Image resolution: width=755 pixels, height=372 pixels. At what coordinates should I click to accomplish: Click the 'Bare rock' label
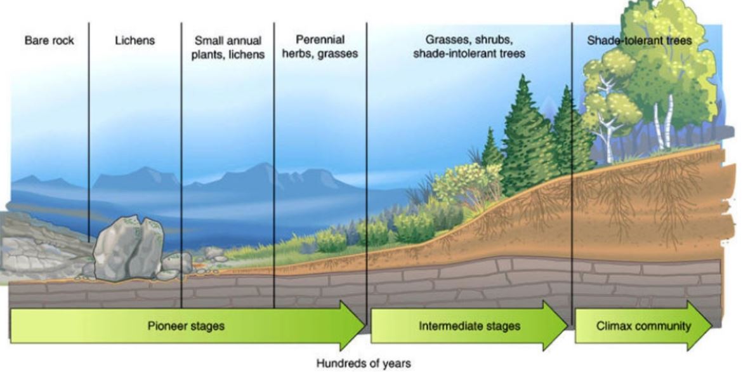pos(49,41)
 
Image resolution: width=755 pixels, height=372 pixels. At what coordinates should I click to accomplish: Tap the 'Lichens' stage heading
pos(135,41)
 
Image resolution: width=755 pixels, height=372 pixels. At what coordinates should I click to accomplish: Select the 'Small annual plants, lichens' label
pos(228,47)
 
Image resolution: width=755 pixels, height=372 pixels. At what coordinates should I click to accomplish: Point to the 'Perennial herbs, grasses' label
pos(320,46)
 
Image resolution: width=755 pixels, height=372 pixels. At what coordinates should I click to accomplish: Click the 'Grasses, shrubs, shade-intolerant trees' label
pos(469,46)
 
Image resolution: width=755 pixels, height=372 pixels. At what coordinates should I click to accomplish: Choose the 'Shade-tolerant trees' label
pos(639,41)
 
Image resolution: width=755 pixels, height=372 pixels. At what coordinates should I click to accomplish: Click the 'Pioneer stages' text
pos(186,326)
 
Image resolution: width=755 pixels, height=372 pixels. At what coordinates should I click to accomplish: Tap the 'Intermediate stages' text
pos(469,326)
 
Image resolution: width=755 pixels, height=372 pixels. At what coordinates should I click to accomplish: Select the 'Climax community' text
pos(643,326)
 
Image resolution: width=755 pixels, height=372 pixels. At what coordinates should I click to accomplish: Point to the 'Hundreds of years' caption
pos(364,363)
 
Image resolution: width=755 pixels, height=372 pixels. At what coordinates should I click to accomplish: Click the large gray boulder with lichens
pos(129,248)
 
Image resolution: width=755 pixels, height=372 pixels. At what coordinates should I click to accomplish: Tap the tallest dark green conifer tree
pos(523,136)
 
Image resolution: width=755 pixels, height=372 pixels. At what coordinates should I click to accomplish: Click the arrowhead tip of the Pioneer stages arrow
pos(364,326)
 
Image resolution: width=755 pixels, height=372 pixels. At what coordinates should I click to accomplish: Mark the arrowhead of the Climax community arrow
pos(712,326)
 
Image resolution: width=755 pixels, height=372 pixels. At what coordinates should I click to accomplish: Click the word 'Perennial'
pos(320,39)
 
